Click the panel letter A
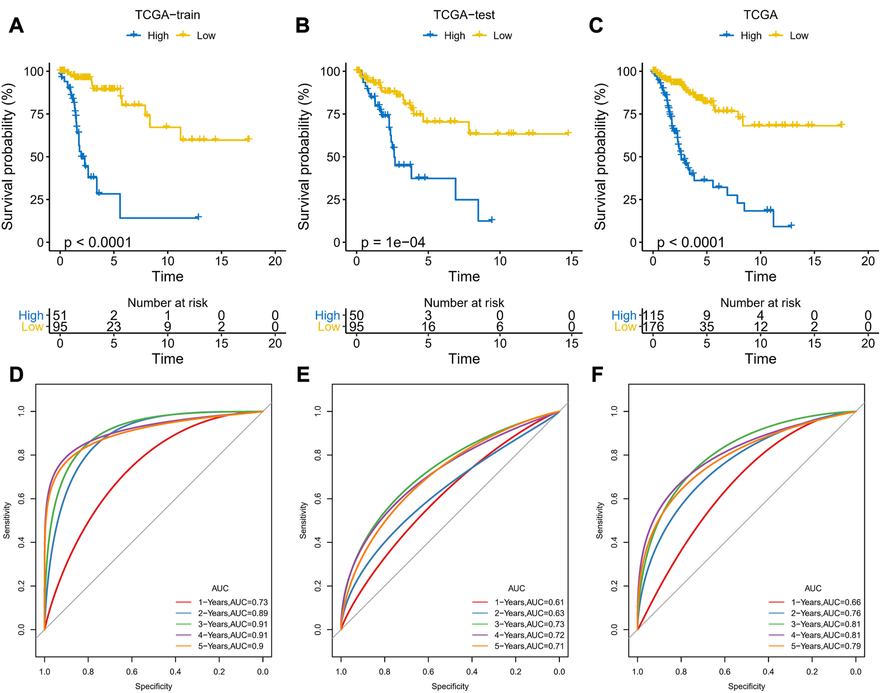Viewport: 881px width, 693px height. click(x=16, y=25)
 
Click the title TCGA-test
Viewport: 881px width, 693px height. click(x=464, y=15)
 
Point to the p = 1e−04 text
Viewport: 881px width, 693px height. click(x=393, y=243)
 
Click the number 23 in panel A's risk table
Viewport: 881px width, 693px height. click(x=114, y=327)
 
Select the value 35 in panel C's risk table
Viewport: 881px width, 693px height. click(x=707, y=327)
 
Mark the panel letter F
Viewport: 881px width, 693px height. click(x=597, y=375)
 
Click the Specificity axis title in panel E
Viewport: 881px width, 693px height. click(x=450, y=686)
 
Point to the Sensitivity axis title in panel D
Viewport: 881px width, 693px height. click(x=7, y=520)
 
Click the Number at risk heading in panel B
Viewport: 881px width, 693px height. click(x=464, y=303)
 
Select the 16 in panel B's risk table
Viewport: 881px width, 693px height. click(x=428, y=327)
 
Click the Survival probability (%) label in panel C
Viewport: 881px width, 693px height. click(x=600, y=157)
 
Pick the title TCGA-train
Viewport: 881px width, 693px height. click(x=167, y=15)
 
